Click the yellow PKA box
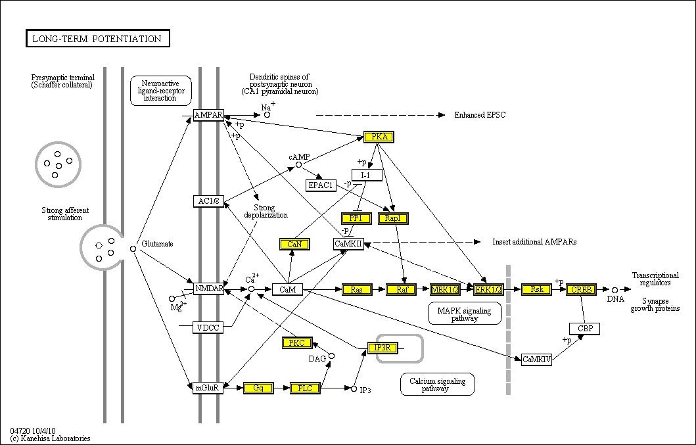pyautogui.click(x=379, y=137)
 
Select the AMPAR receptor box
pyautogui.click(x=209, y=116)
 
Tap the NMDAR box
pyautogui.click(x=209, y=289)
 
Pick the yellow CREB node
pyautogui.click(x=581, y=289)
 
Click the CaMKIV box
pyautogui.click(x=536, y=360)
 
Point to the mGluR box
pyautogui.click(x=208, y=388)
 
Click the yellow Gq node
pyautogui.click(x=258, y=388)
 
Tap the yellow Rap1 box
pyautogui.click(x=393, y=218)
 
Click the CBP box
pyautogui.click(x=584, y=328)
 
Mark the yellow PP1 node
pyautogui.click(x=356, y=218)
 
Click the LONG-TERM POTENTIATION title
pyautogui.click(x=97, y=39)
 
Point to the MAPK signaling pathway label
pyautogui.click(x=464, y=314)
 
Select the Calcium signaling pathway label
pyautogui.click(x=437, y=385)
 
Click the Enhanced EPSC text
pyautogui.click(x=480, y=115)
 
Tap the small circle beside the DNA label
pyautogui.click(x=615, y=289)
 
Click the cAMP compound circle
pyautogui.click(x=298, y=164)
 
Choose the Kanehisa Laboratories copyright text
pyautogui.click(x=51, y=438)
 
